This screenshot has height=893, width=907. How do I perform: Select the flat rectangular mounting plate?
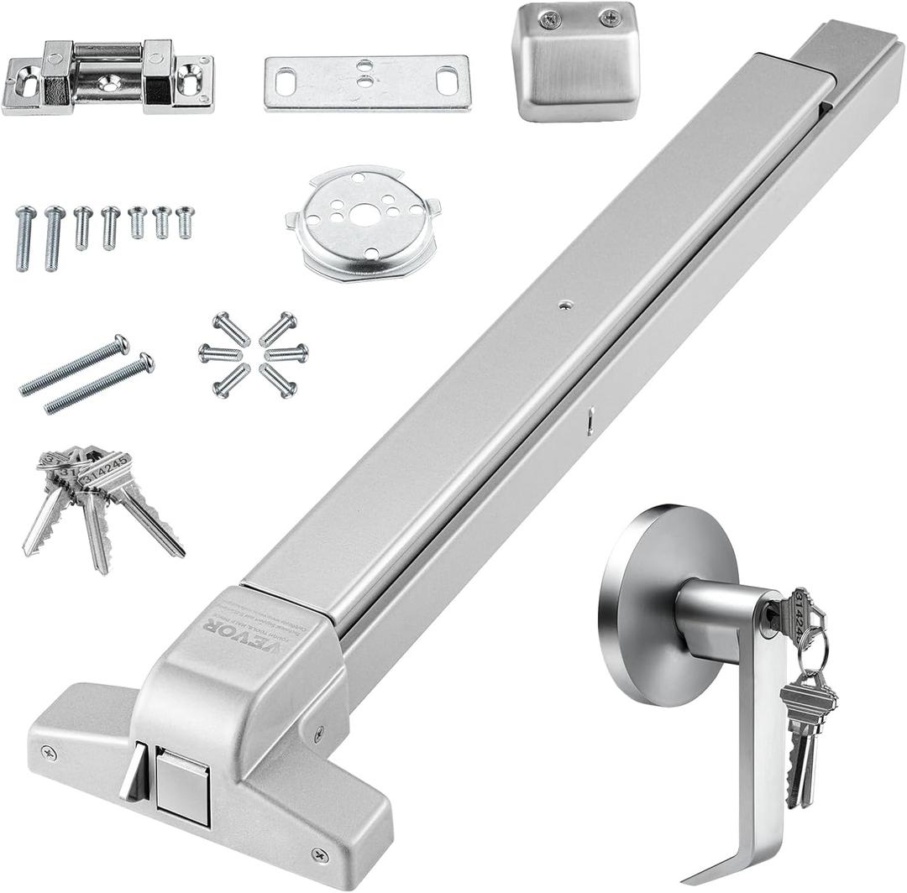(367, 82)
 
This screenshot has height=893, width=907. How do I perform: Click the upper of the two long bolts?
(75, 365)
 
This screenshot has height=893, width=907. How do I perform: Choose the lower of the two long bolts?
(99, 384)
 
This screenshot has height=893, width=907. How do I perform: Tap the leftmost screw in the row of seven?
(25, 238)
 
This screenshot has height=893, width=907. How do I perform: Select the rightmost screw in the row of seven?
(185, 222)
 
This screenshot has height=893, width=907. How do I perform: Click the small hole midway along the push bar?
(564, 305)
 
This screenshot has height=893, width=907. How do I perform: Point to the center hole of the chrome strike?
(110, 81)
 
